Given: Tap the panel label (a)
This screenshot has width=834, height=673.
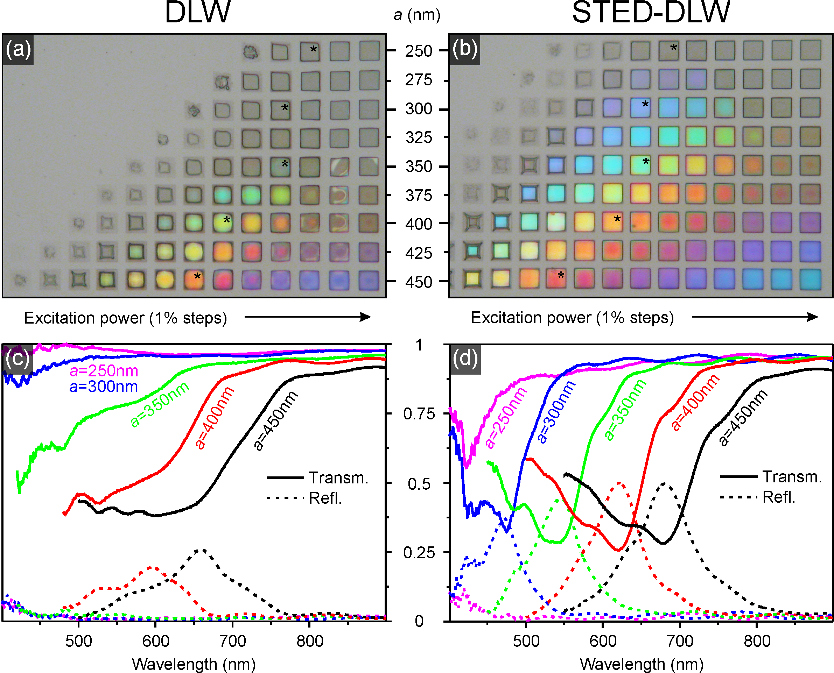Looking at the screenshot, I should click(18, 49).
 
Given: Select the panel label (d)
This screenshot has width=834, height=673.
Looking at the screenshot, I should click(465, 358).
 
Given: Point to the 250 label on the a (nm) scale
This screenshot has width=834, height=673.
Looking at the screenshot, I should click(419, 51).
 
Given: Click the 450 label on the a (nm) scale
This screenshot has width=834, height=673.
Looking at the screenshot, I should click(419, 282).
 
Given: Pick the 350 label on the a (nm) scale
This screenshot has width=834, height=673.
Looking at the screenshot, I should click(419, 166).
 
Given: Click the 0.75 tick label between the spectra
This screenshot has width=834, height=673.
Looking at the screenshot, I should click(419, 414).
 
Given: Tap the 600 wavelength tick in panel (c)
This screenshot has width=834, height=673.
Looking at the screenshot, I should click(155, 641).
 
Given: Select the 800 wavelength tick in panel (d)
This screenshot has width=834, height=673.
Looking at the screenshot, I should click(757, 641).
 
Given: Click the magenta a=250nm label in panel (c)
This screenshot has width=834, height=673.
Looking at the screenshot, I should click(104, 371).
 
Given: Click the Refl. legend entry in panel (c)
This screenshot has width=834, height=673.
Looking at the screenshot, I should click(325, 498).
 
